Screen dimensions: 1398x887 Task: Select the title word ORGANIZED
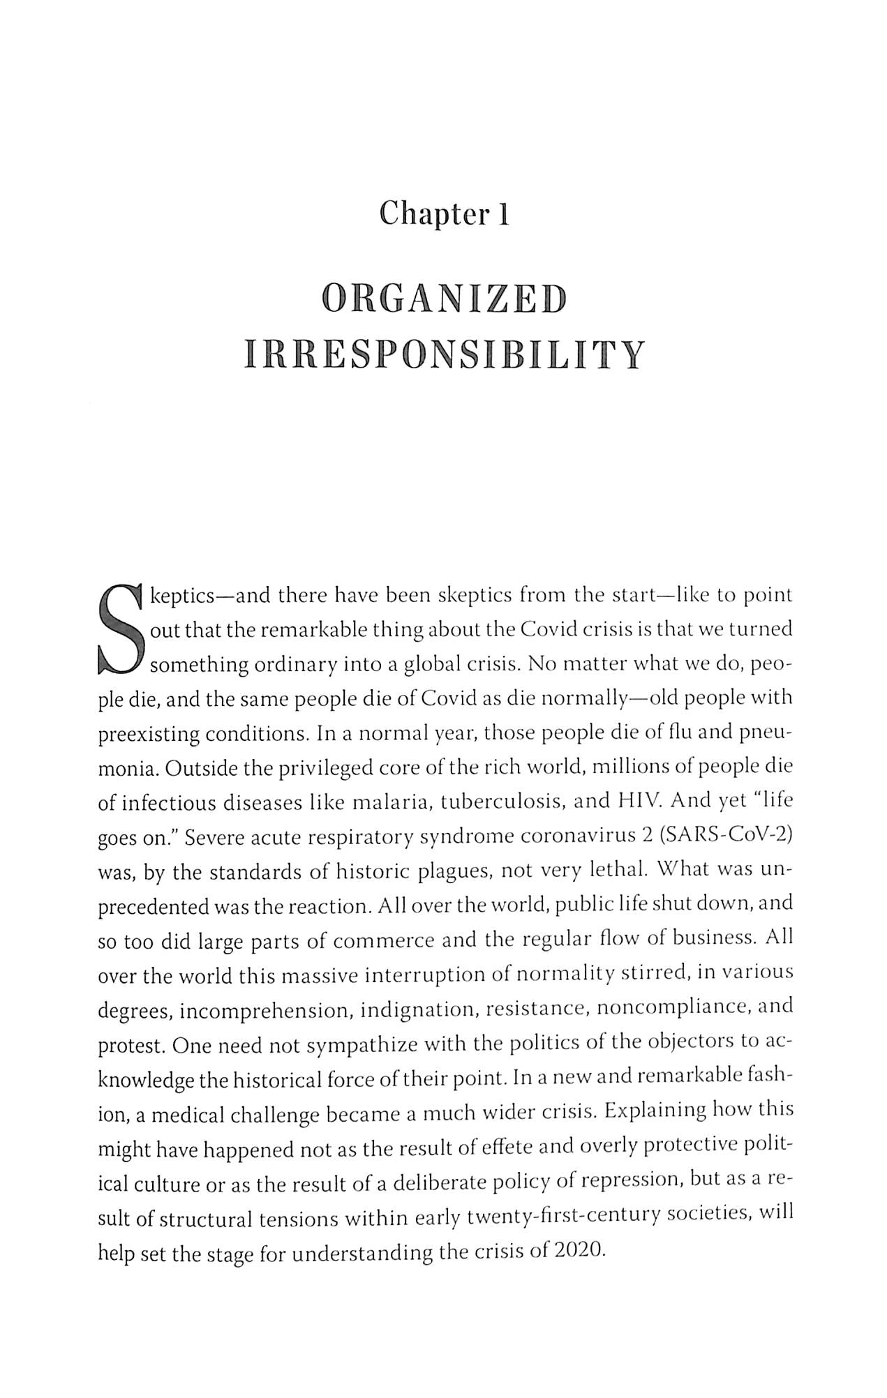coord(443,300)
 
